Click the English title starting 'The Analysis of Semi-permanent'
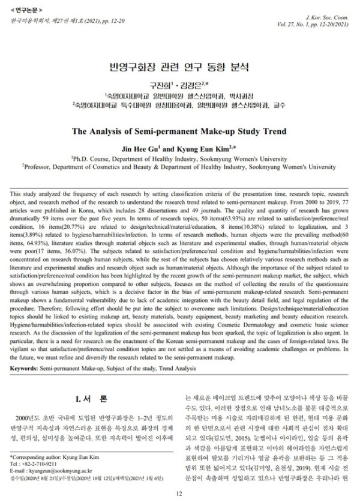click(180, 131)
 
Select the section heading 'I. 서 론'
click(91, 399)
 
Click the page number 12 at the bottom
click(179, 493)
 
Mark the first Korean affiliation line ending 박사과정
click(180, 94)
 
